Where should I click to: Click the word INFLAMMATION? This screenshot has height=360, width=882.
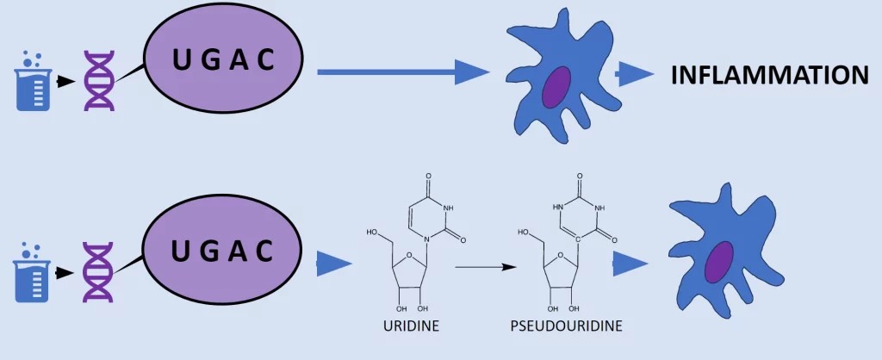pyautogui.click(x=769, y=75)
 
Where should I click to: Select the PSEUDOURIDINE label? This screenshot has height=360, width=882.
pyautogui.click(x=565, y=326)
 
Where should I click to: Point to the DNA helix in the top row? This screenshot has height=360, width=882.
pyautogui.click(x=97, y=81)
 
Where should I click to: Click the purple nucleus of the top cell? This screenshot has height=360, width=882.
pyautogui.click(x=556, y=87)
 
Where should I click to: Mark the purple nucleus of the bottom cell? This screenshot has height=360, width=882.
pyautogui.click(x=719, y=262)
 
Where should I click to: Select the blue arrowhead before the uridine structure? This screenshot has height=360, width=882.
pyautogui.click(x=334, y=264)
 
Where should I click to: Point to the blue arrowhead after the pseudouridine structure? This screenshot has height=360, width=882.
pyautogui.click(x=630, y=264)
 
